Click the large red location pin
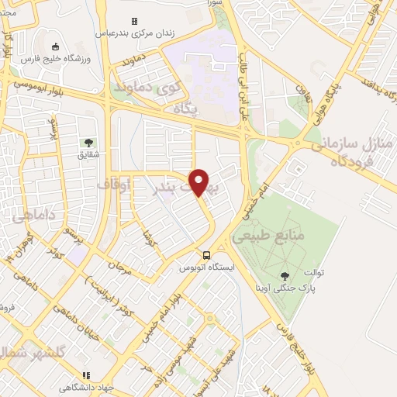[199, 181]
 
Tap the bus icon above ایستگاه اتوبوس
[206, 254]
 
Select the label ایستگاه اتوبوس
[205, 267]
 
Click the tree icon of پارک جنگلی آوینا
[284, 274]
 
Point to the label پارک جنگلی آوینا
[285, 287]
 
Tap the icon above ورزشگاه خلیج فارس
[54, 47]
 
